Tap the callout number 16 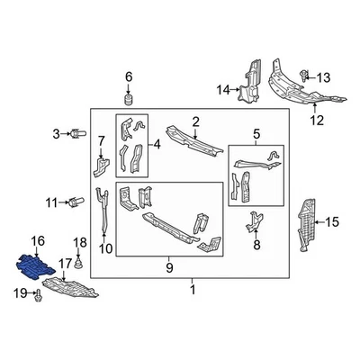[37, 240]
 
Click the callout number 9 [170, 267]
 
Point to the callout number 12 [316, 119]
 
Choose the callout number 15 [332, 221]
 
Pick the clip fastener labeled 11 [77, 202]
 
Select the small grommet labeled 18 [80, 265]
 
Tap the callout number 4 [158, 143]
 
